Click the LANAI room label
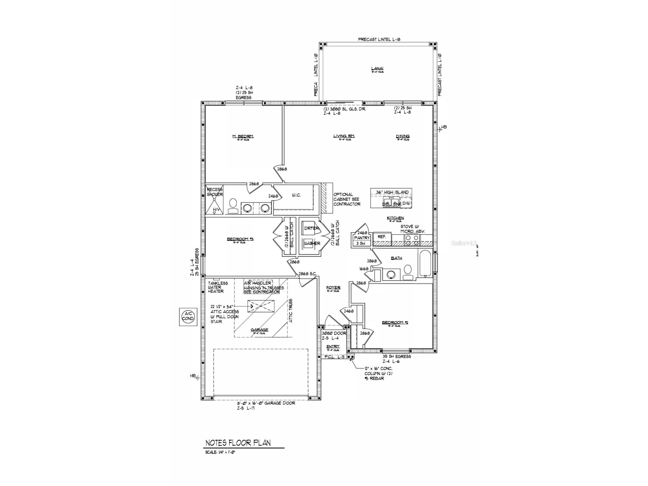(377, 68)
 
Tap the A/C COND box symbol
(188, 317)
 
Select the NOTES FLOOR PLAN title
(238, 443)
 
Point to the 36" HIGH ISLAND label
(392, 192)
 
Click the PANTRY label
(362, 238)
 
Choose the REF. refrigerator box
(382, 237)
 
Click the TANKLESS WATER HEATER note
(218, 287)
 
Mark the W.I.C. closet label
(296, 195)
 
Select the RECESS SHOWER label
(215, 192)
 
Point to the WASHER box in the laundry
(312, 244)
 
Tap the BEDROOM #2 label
(395, 322)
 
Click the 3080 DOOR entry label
(334, 333)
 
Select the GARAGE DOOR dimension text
(266, 403)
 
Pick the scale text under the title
(220, 452)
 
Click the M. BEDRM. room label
(243, 136)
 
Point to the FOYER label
(333, 288)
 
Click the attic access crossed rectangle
(261, 306)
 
